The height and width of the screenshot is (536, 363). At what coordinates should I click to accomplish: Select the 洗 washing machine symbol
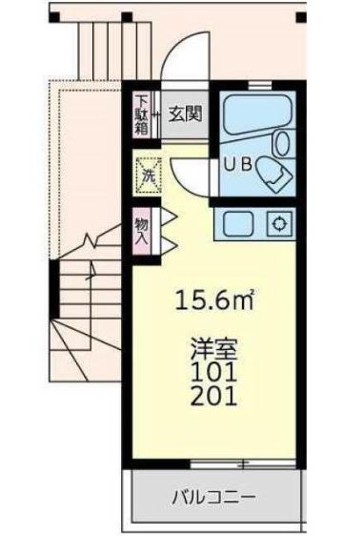pyautogui.click(x=149, y=175)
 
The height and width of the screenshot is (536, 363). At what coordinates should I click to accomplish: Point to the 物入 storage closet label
pyautogui.click(x=141, y=230)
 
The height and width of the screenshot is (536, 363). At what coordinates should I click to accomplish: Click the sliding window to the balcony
pyautogui.click(x=242, y=464)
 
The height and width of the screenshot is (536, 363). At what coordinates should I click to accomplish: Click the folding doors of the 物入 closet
pyautogui.click(x=162, y=230)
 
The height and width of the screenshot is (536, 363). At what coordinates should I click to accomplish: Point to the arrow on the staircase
pyautogui.click(x=91, y=273)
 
